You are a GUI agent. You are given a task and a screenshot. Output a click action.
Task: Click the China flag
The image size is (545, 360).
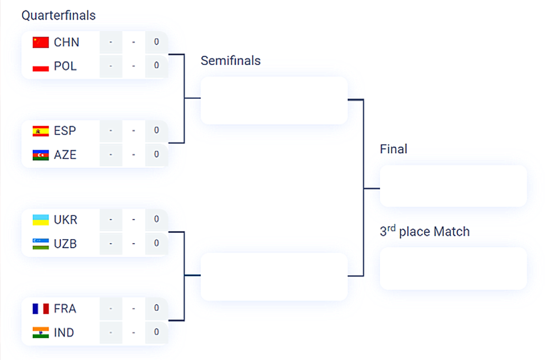tap(40, 42)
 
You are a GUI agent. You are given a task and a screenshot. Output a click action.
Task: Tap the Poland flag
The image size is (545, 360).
tap(40, 67)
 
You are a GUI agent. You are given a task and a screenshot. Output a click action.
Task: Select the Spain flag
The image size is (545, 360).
tap(40, 131)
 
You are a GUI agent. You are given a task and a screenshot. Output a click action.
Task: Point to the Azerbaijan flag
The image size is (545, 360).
tap(40, 155)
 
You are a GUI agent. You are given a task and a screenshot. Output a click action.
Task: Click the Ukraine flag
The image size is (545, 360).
tap(40, 220)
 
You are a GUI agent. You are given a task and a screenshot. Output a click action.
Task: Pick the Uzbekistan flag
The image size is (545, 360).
tap(40, 244)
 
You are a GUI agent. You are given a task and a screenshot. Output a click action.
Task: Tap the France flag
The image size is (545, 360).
tap(40, 309)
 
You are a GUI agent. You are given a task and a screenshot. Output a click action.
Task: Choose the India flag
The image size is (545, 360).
tap(40, 333)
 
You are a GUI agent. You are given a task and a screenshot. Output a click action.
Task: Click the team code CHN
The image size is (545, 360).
tap(67, 42)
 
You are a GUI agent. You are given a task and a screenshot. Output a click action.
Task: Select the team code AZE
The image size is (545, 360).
tap(66, 155)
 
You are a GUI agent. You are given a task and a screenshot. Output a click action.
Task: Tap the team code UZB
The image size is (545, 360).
tap(66, 244)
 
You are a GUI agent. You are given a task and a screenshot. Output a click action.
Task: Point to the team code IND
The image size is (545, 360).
tap(64, 333)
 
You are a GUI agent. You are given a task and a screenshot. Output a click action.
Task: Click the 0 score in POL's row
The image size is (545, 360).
tap(156, 66)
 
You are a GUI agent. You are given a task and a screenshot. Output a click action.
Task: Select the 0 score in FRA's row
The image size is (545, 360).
tap(156, 308)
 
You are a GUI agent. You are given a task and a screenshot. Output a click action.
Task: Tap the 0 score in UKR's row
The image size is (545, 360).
tap(156, 219)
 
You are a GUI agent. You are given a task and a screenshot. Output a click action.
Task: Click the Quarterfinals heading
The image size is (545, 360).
tap(59, 16)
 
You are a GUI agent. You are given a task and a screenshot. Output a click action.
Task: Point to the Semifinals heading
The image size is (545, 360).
tap(231, 61)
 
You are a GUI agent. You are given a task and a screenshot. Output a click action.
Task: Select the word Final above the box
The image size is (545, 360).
tap(394, 149)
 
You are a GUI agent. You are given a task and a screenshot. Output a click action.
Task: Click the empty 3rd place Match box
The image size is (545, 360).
tap(453, 268)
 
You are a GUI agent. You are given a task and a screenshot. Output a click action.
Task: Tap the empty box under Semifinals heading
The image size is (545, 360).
tap(274, 100)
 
